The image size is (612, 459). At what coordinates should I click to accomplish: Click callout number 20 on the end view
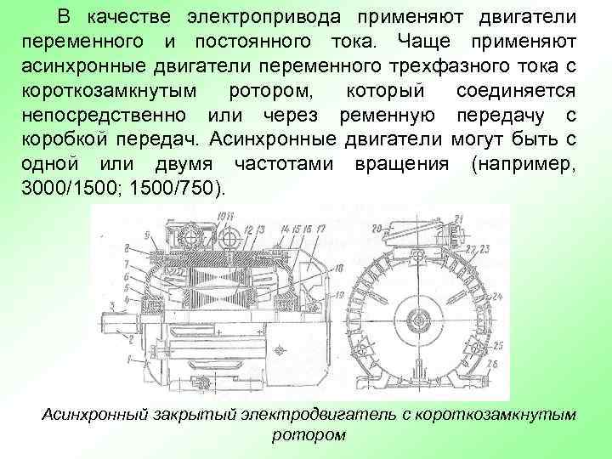pyautogui.click(x=377, y=227)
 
